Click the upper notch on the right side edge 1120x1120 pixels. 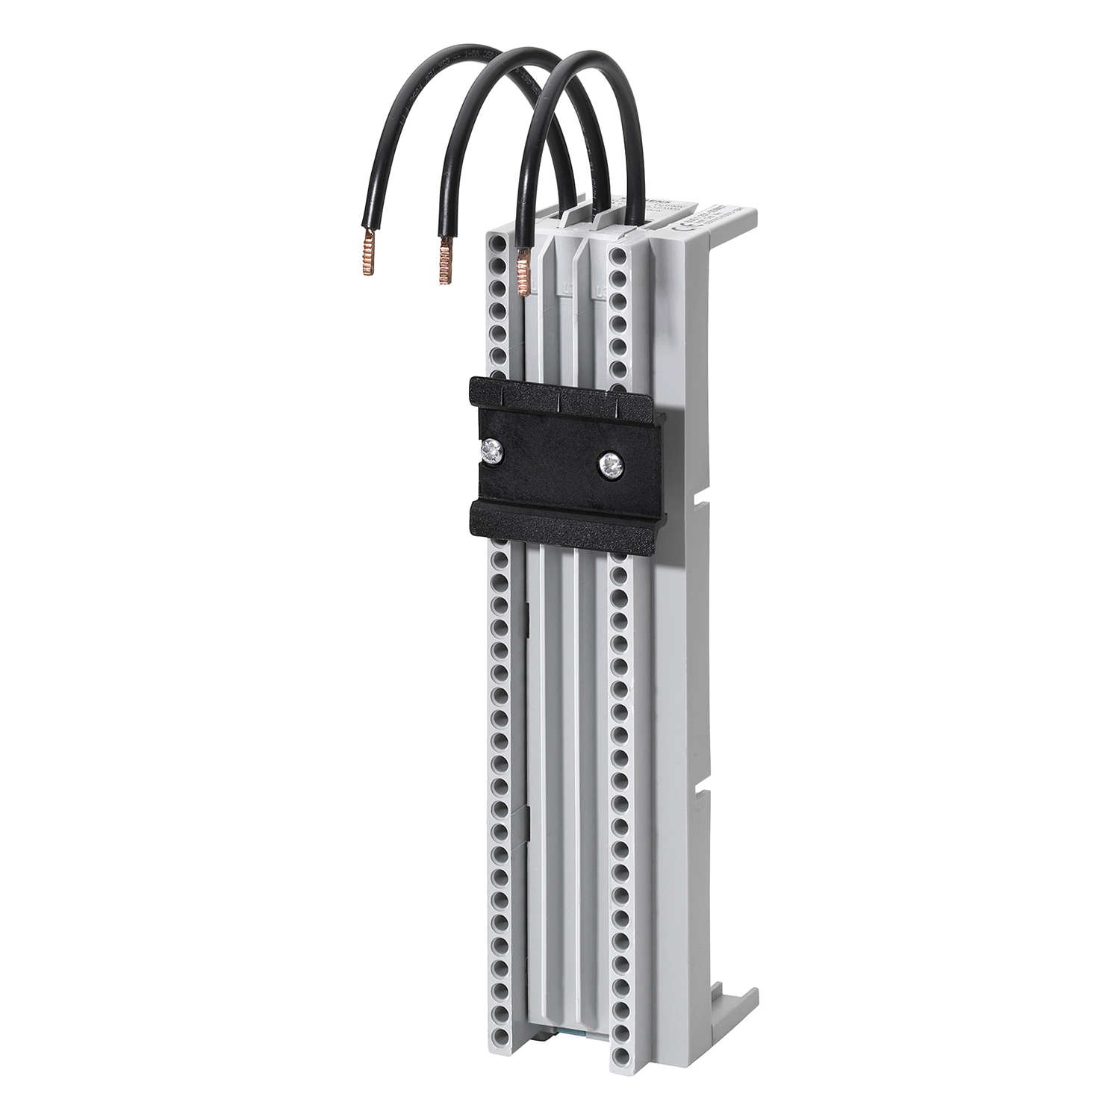pyautogui.click(x=699, y=496)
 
